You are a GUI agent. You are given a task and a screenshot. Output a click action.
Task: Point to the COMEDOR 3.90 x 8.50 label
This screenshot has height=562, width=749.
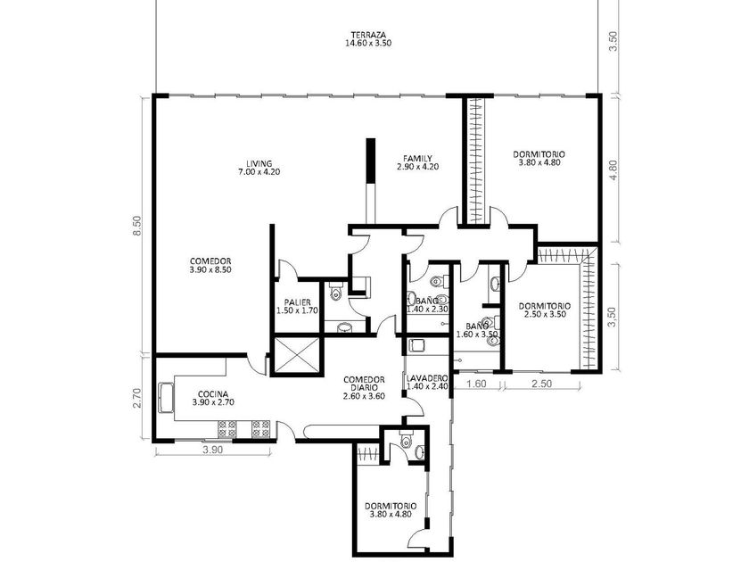point(210,265)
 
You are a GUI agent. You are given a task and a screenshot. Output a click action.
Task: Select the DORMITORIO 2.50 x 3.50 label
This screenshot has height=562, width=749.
point(545,310)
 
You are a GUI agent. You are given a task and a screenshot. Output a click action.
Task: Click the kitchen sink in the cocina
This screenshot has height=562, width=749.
point(165,397)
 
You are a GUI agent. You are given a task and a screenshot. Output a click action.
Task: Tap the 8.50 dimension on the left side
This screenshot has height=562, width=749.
point(137,226)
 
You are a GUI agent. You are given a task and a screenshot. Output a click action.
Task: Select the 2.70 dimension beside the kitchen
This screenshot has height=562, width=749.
point(136,398)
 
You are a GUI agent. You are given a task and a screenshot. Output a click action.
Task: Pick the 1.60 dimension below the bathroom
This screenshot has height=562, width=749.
point(476,384)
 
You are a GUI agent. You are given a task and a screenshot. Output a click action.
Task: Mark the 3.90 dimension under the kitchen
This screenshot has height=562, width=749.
point(212,450)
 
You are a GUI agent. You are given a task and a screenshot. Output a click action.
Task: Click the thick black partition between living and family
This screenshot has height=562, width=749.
point(370,161)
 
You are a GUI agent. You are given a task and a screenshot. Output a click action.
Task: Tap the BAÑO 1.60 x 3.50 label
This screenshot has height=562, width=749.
point(477,330)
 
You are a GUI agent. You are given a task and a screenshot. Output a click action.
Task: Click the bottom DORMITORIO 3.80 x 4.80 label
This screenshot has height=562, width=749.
point(391,510)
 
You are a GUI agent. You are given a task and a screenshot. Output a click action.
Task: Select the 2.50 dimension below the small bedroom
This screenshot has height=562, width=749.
point(542,384)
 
